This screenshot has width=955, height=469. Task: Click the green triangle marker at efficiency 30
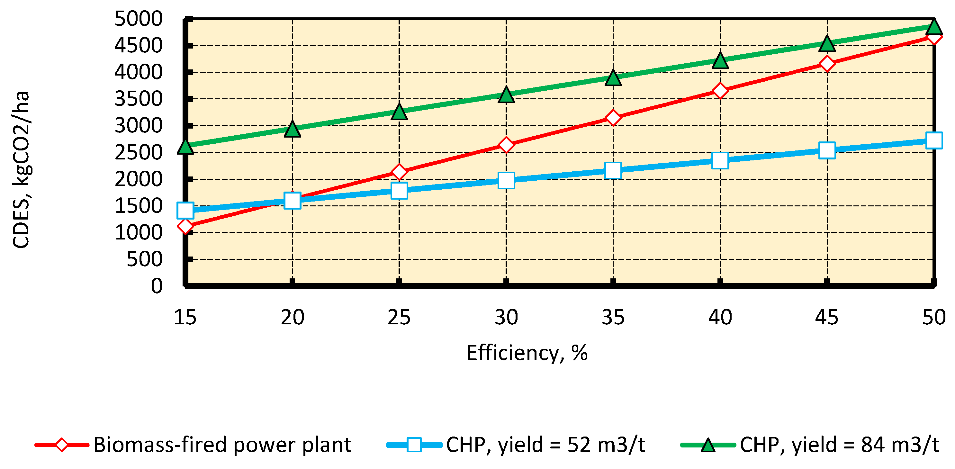[x=506, y=95]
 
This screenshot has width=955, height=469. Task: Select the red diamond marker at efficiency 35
[x=613, y=118]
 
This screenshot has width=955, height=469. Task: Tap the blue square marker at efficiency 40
[x=720, y=160]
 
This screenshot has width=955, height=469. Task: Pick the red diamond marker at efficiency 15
[x=185, y=225]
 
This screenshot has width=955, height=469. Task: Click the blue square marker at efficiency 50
[x=933, y=140]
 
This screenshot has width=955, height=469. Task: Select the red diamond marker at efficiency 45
[x=827, y=63]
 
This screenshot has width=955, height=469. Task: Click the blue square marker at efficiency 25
[x=399, y=191]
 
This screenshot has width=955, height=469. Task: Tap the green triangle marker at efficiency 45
[x=827, y=44]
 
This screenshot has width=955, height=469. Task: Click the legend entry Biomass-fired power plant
[x=222, y=445]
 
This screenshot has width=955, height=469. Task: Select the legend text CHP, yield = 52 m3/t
[x=545, y=445]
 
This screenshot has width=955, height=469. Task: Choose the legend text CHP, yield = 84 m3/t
[x=839, y=445]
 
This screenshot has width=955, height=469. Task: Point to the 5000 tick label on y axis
[x=138, y=19]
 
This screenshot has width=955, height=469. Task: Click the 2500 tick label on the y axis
[x=138, y=152]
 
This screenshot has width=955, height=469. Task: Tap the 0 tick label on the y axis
[x=157, y=286]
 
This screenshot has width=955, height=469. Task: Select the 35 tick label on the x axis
[x=613, y=317]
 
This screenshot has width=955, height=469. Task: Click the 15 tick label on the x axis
[x=185, y=317]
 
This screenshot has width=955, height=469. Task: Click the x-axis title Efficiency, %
[x=527, y=353]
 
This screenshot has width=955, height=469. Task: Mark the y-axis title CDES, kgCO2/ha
[x=21, y=169]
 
